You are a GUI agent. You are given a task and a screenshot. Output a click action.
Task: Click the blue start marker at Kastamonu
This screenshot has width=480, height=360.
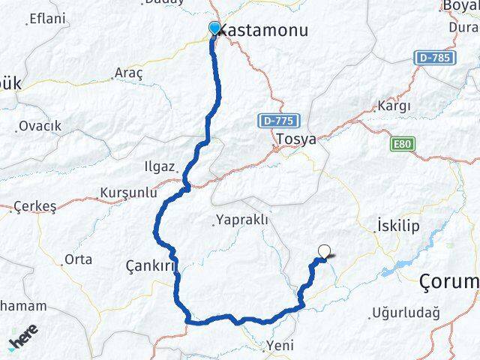coord(215,28)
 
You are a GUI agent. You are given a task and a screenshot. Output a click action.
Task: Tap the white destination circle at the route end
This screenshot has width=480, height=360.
coord(325,252)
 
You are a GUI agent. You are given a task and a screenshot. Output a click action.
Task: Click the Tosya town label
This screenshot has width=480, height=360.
coord(295,139)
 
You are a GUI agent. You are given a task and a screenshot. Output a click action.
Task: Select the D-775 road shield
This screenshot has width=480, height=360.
coord(280,120)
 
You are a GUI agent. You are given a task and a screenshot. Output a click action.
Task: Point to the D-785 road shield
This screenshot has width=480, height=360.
coord(433,57)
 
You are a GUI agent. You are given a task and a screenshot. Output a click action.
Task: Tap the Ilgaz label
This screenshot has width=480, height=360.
coord(160,166)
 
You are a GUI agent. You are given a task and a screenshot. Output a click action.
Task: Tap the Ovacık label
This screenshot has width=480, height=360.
coord(40,125)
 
